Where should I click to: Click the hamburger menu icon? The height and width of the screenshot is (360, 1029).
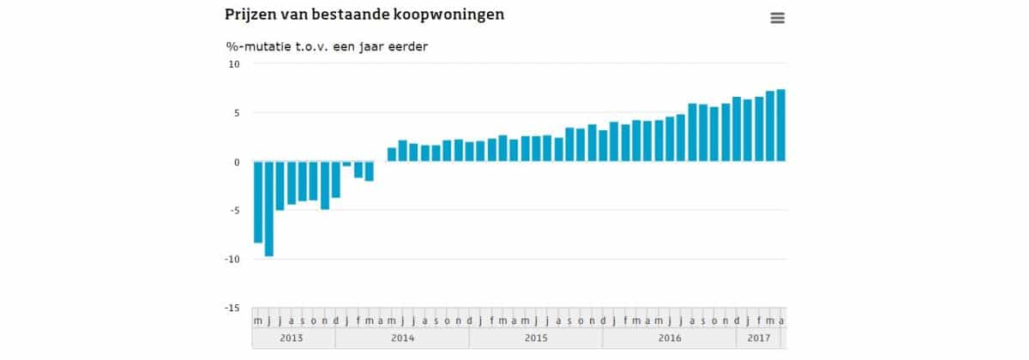tap(778, 18)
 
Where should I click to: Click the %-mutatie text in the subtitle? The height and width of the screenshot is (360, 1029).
tap(261, 46)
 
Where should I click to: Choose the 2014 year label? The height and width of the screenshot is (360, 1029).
tap(402, 339)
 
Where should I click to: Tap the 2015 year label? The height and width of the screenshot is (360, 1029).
tap(536, 339)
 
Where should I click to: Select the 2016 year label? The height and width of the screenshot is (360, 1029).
tap(670, 339)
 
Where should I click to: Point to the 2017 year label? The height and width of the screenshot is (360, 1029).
tap(759, 339)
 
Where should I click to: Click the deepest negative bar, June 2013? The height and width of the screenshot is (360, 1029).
tap(269, 208)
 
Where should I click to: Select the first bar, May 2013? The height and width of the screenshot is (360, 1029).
tap(258, 202)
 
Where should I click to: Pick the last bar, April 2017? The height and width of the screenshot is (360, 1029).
tap(781, 125)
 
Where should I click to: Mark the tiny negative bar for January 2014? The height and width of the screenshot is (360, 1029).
tap(347, 164)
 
